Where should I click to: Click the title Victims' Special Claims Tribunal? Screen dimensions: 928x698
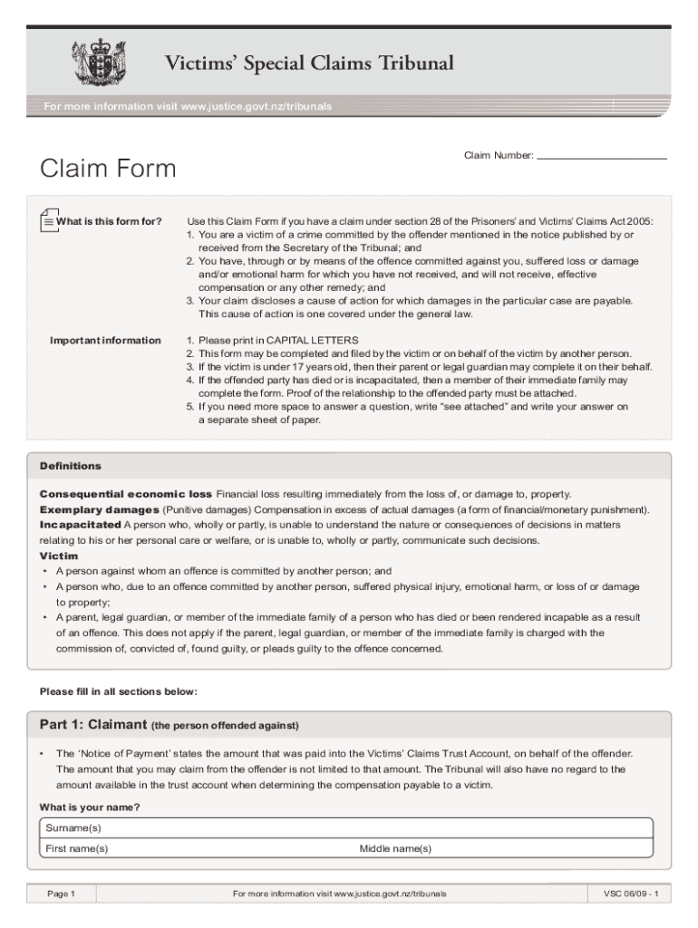pyautogui.click(x=308, y=63)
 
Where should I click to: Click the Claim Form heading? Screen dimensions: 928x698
pyautogui.click(x=107, y=169)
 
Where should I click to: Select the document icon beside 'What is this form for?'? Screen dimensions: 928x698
pyautogui.click(x=48, y=220)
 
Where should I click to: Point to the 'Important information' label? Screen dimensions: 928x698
pyautogui.click(x=105, y=340)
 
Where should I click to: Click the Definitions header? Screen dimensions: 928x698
pyautogui.click(x=71, y=466)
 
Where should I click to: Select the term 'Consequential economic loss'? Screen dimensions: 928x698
pyautogui.click(x=126, y=494)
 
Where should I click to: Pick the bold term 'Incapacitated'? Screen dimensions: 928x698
pyautogui.click(x=80, y=525)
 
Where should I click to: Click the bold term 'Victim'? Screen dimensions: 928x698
pyautogui.click(x=59, y=556)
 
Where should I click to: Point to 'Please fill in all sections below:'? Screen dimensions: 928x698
pyautogui.click(x=118, y=691)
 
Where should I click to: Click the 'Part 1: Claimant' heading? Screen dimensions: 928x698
pyautogui.click(x=93, y=725)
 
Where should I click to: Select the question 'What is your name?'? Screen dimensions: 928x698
pyautogui.click(x=90, y=807)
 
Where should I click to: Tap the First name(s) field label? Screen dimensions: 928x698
pyautogui.click(x=77, y=848)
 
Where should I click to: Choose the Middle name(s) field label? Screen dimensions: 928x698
pyautogui.click(x=395, y=848)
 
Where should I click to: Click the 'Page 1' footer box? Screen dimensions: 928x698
pyautogui.click(x=61, y=894)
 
